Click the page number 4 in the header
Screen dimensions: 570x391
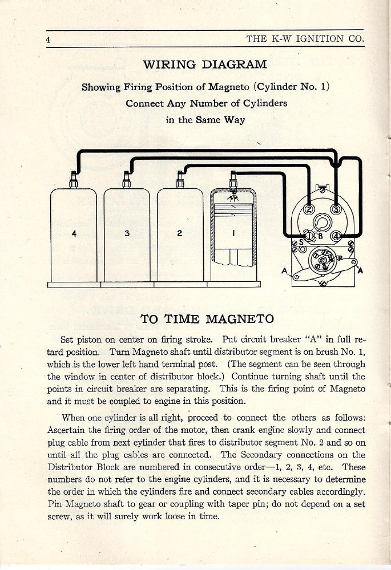(x=49, y=39)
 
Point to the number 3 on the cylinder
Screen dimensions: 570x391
(x=127, y=233)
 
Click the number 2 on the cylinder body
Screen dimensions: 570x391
(x=180, y=233)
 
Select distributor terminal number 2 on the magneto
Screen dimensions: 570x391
(x=309, y=209)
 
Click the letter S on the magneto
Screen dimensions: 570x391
(x=302, y=242)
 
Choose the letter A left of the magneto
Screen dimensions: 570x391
(x=284, y=270)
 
